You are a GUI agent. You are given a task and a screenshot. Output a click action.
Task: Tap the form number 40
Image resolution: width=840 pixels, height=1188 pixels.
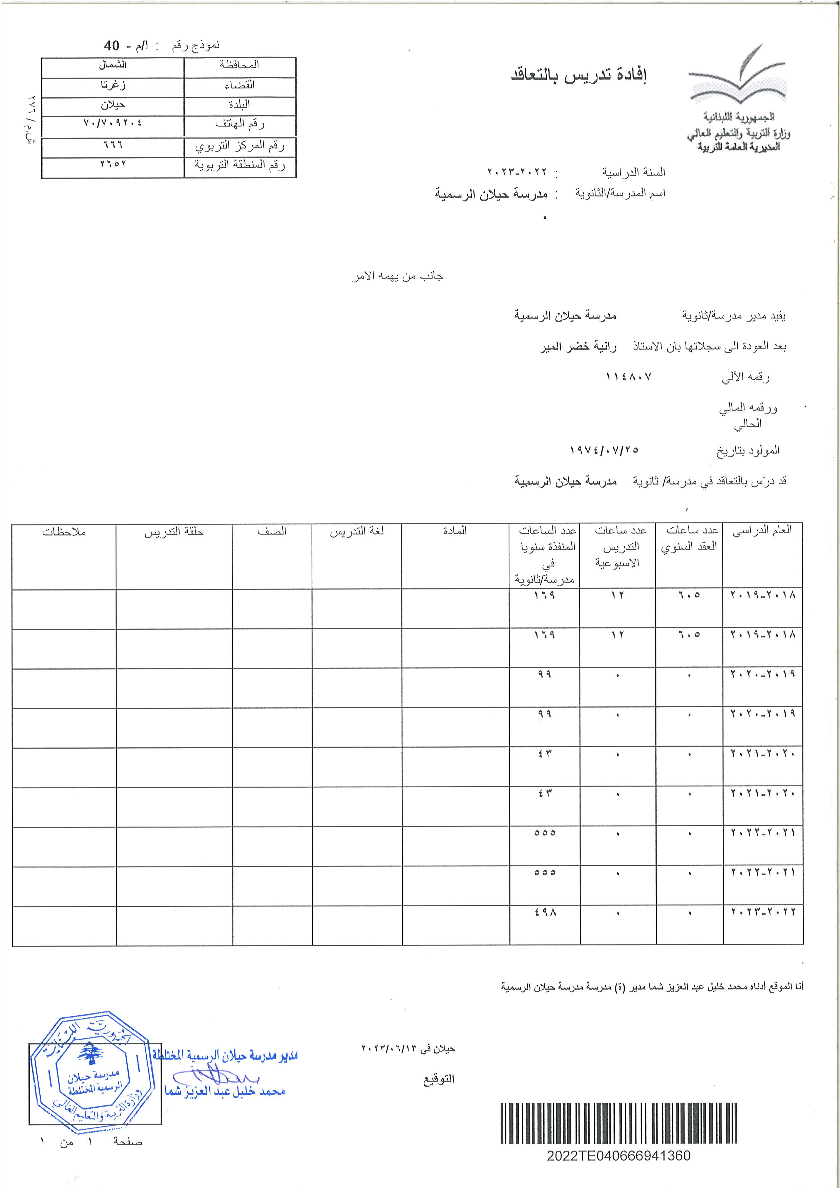(x=112, y=45)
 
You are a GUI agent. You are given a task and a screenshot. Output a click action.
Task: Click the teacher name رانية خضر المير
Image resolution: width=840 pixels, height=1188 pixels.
(x=578, y=347)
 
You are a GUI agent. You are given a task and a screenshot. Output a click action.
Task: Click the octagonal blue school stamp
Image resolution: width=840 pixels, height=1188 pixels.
(x=92, y=1074)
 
